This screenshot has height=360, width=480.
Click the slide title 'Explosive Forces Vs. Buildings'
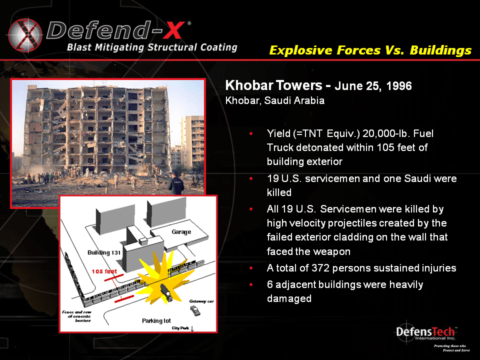pos(370,50)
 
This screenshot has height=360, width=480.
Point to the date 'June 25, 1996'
pos(373,86)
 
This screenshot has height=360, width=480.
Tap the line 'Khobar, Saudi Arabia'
pos(275,100)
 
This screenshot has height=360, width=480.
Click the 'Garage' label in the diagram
pos(181,232)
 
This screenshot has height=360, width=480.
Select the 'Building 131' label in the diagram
pos(104,252)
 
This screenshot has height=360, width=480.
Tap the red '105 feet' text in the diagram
pos(104,271)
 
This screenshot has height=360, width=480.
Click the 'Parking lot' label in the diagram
pos(156,320)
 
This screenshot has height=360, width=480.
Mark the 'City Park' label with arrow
pos(183,328)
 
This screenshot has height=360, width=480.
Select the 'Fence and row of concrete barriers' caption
pos(75,316)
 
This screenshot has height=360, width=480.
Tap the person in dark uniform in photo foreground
pos(176,183)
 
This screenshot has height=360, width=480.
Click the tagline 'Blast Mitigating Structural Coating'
pos(152,47)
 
